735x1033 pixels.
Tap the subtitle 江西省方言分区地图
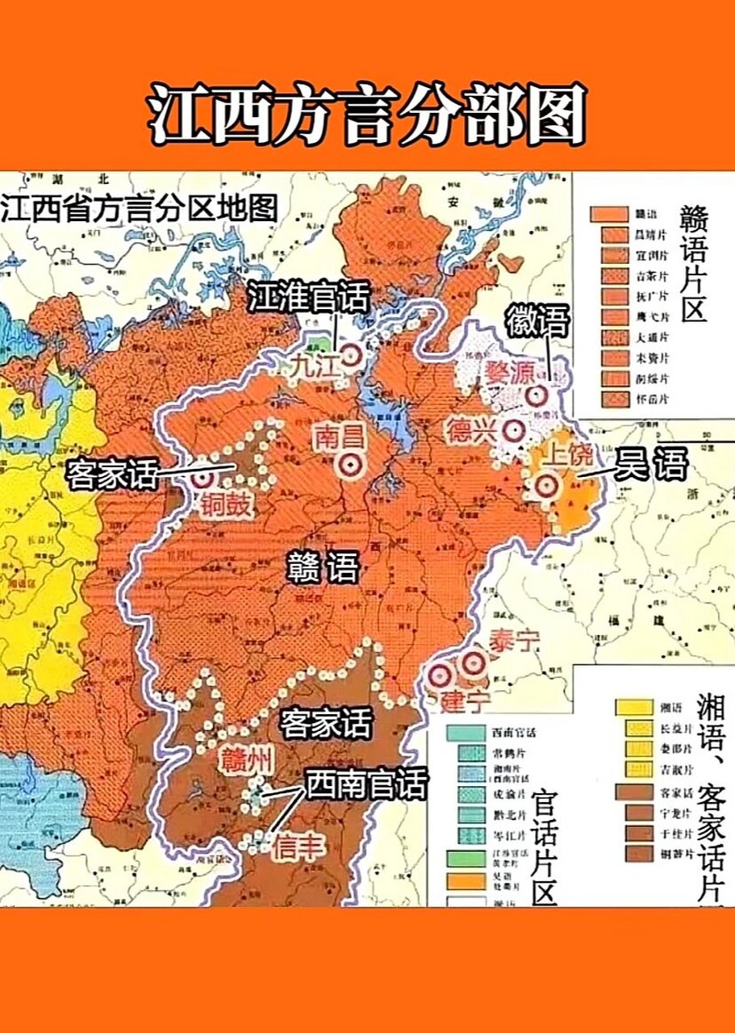pyautogui.click(x=139, y=208)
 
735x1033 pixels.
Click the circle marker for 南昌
pyautogui.click(x=350, y=463)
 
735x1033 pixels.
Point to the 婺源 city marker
pyautogui.click(x=536, y=395)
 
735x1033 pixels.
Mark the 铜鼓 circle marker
pyautogui.click(x=202, y=477)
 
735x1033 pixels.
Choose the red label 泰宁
pyautogui.click(x=512, y=642)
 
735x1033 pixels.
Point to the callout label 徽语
pyautogui.click(x=537, y=322)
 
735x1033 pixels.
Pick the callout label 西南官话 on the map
pyautogui.click(x=365, y=783)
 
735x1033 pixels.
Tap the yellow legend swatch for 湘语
pyautogui.click(x=634, y=706)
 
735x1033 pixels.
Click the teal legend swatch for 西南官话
pyautogui.click(x=466, y=734)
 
